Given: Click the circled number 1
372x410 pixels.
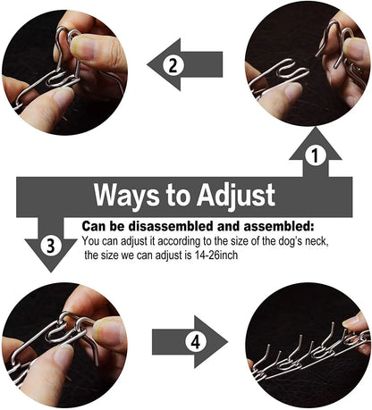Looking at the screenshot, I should click(x=313, y=155).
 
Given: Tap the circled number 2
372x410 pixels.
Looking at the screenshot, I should click(x=175, y=63).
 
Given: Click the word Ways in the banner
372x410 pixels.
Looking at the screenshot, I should click(x=125, y=194).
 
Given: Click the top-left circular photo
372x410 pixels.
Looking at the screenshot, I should click(x=64, y=65).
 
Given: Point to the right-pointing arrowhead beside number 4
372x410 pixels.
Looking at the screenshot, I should click(x=215, y=341).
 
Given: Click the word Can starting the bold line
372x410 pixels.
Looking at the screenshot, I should click(x=94, y=227).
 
